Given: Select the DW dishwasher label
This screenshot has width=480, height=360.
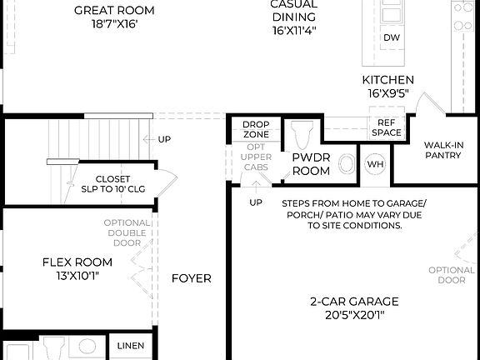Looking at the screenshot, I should pyautogui.click(x=391, y=37).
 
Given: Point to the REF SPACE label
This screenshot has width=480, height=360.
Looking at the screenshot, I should pyautogui.click(x=386, y=127).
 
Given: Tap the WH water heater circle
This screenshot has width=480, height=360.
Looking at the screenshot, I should pyautogui.click(x=376, y=164).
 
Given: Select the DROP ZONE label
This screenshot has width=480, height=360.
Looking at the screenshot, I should pyautogui.click(x=256, y=129).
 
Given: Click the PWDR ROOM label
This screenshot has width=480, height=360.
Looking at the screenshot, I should pyautogui.click(x=310, y=164).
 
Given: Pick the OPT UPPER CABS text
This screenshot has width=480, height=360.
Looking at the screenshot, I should pyautogui.click(x=255, y=157).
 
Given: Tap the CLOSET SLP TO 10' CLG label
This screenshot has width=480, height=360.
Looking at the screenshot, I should pyautogui.click(x=112, y=184).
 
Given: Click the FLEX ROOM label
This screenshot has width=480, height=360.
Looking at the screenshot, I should pyautogui.click(x=77, y=268).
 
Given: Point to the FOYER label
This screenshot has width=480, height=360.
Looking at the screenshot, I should pyautogui.click(x=191, y=278).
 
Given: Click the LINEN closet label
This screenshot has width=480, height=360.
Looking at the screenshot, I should pyautogui.click(x=130, y=346).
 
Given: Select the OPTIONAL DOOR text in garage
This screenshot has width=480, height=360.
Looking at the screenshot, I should pyautogui.click(x=451, y=275).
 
